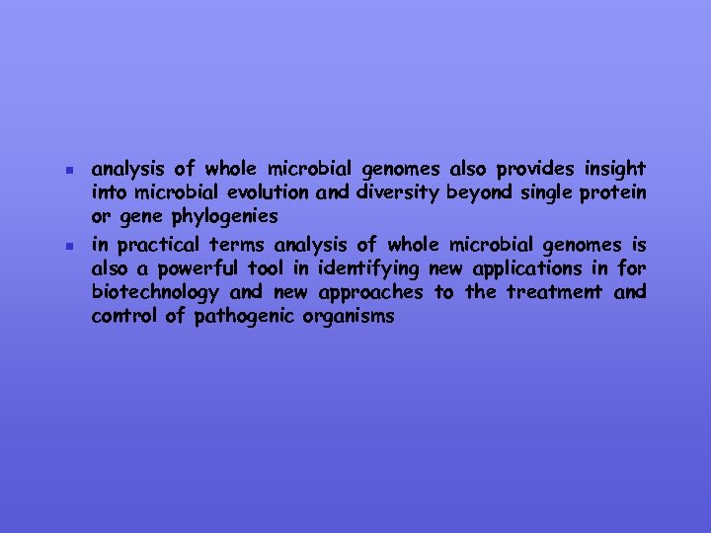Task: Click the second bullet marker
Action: point(59,244)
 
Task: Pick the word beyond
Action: point(479,192)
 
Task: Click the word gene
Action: point(136,216)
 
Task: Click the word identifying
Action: point(368,267)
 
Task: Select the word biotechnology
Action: point(154,292)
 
